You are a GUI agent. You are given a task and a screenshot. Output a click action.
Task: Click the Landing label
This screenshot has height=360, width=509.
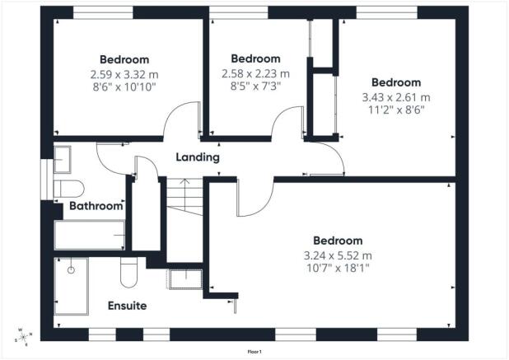click(x=198, y=157)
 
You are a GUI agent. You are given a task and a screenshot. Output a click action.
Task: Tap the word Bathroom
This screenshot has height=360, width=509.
click(x=96, y=206)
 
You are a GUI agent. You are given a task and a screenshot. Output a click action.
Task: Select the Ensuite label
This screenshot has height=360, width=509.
click(x=128, y=306)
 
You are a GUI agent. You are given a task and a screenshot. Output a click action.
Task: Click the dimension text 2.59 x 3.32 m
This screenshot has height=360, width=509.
click(x=124, y=73)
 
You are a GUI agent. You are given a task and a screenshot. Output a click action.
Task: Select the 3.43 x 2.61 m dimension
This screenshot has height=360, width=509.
click(x=395, y=96)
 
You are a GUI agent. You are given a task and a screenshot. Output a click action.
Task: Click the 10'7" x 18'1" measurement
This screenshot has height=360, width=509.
click(x=338, y=268)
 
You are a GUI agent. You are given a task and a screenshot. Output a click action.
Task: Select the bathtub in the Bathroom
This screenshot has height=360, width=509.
click(x=89, y=235)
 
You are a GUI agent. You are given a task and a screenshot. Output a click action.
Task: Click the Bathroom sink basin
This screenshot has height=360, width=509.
click(x=63, y=158)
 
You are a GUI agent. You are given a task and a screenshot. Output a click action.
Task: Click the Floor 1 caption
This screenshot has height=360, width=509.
click(x=254, y=352)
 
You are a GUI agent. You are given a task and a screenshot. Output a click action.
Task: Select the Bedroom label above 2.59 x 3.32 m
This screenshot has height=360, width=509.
click(x=124, y=59)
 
